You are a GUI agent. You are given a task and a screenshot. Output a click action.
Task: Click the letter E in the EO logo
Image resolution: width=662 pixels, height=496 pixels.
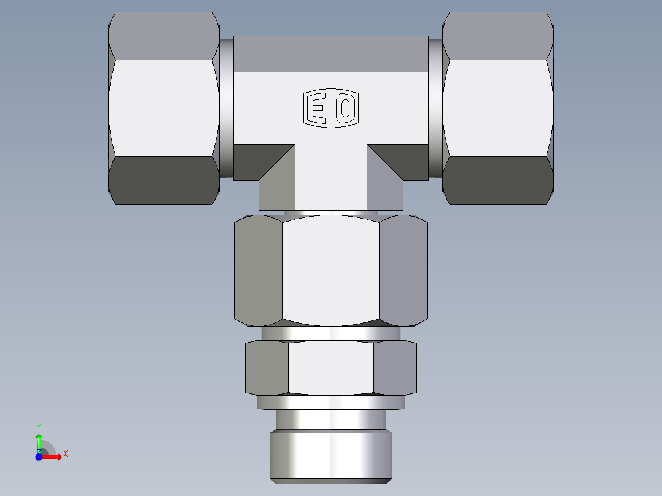[317, 109]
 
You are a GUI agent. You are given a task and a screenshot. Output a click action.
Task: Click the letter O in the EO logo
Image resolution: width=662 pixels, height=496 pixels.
[346, 109]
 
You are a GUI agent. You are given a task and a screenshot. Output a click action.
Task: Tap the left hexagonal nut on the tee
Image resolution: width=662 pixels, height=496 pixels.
[164, 108]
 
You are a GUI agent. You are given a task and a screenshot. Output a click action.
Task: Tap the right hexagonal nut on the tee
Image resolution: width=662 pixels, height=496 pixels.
[497, 108]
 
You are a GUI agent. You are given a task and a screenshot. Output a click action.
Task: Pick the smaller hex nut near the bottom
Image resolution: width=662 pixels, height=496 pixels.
[330, 368]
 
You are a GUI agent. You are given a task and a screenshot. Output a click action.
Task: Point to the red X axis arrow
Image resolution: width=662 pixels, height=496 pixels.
[54, 457]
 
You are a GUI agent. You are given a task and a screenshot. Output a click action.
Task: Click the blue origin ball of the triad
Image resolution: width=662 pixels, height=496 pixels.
[39, 457]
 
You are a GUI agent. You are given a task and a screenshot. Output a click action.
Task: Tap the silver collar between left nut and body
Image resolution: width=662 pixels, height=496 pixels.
[227, 108]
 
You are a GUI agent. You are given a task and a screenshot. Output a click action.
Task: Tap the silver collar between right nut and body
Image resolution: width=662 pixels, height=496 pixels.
[435, 108]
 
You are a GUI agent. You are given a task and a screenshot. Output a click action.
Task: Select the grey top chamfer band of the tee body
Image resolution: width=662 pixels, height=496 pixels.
[330, 53]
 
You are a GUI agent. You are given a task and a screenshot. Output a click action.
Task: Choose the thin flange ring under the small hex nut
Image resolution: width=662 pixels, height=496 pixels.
[330, 403]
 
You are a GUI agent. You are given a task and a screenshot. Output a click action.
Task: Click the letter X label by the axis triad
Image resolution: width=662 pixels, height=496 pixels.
[66, 454]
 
